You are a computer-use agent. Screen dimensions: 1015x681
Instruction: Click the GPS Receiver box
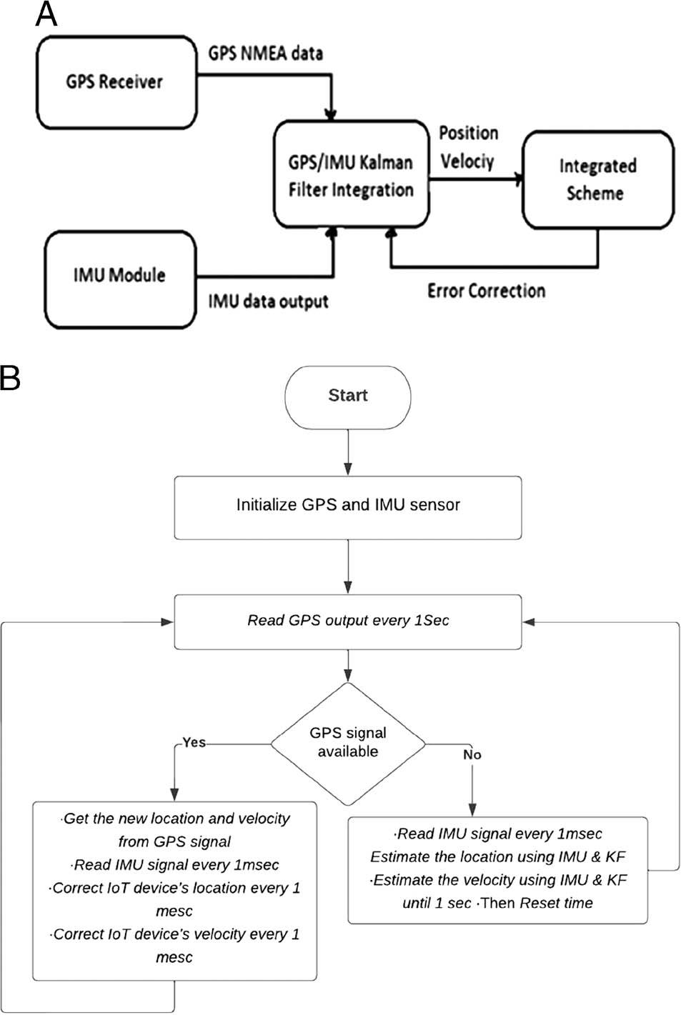click(116, 82)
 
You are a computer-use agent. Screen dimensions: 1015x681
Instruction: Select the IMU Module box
click(119, 279)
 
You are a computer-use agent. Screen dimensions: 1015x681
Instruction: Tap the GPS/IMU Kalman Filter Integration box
click(351, 175)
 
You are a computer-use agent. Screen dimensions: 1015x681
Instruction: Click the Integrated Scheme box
click(597, 179)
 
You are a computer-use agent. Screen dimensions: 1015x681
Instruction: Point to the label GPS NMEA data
click(265, 53)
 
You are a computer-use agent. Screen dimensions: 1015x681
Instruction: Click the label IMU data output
click(268, 301)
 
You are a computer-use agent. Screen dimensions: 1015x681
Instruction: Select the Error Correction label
click(486, 291)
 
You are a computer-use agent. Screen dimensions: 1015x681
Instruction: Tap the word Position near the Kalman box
click(468, 133)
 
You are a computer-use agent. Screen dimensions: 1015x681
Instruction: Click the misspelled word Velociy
click(467, 161)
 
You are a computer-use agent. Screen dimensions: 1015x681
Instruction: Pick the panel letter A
click(46, 14)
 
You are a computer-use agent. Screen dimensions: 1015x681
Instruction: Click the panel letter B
click(10, 376)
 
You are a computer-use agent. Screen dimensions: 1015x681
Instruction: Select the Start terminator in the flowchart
click(348, 396)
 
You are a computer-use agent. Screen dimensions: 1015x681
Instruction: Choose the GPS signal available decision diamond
click(348, 743)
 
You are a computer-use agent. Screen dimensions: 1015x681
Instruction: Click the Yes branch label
click(194, 742)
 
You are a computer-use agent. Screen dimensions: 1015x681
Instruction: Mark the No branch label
click(472, 754)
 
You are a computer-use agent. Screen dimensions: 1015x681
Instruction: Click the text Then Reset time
click(537, 903)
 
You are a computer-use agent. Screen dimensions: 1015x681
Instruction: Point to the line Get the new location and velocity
click(176, 819)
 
